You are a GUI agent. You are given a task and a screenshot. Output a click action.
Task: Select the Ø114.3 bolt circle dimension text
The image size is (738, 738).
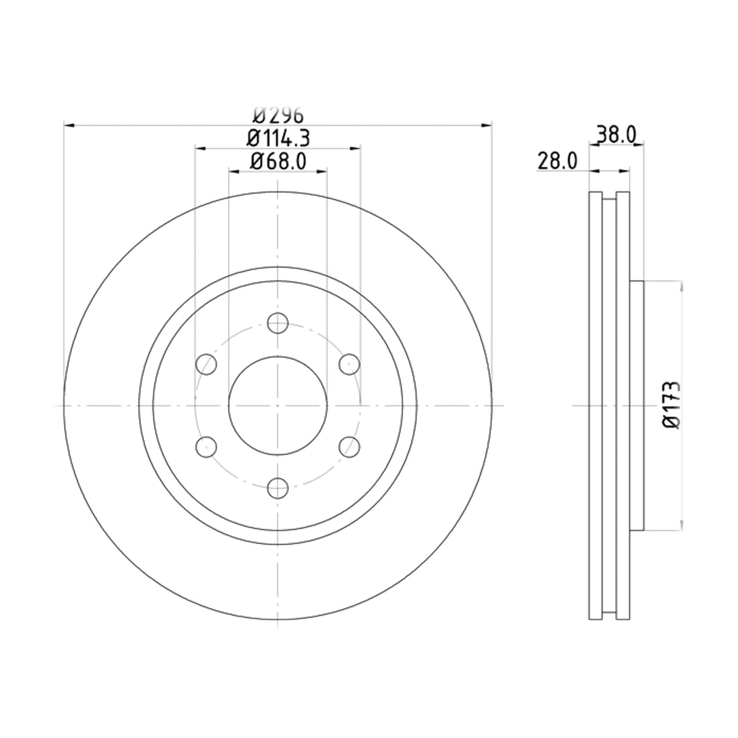[278, 138]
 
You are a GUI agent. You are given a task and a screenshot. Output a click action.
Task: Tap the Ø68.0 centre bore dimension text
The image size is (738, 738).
[279, 161]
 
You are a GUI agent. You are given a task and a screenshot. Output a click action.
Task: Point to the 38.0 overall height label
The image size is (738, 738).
[616, 135]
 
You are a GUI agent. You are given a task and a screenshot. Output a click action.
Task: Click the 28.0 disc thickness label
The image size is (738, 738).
[557, 161]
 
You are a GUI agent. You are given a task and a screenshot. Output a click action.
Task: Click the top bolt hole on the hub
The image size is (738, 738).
[277, 323]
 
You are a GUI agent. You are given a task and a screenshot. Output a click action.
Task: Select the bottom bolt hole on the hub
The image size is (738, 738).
[277, 488]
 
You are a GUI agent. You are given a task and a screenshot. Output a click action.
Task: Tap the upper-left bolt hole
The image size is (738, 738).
[206, 364]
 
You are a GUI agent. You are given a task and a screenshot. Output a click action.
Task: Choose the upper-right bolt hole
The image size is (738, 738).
[349, 364]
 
